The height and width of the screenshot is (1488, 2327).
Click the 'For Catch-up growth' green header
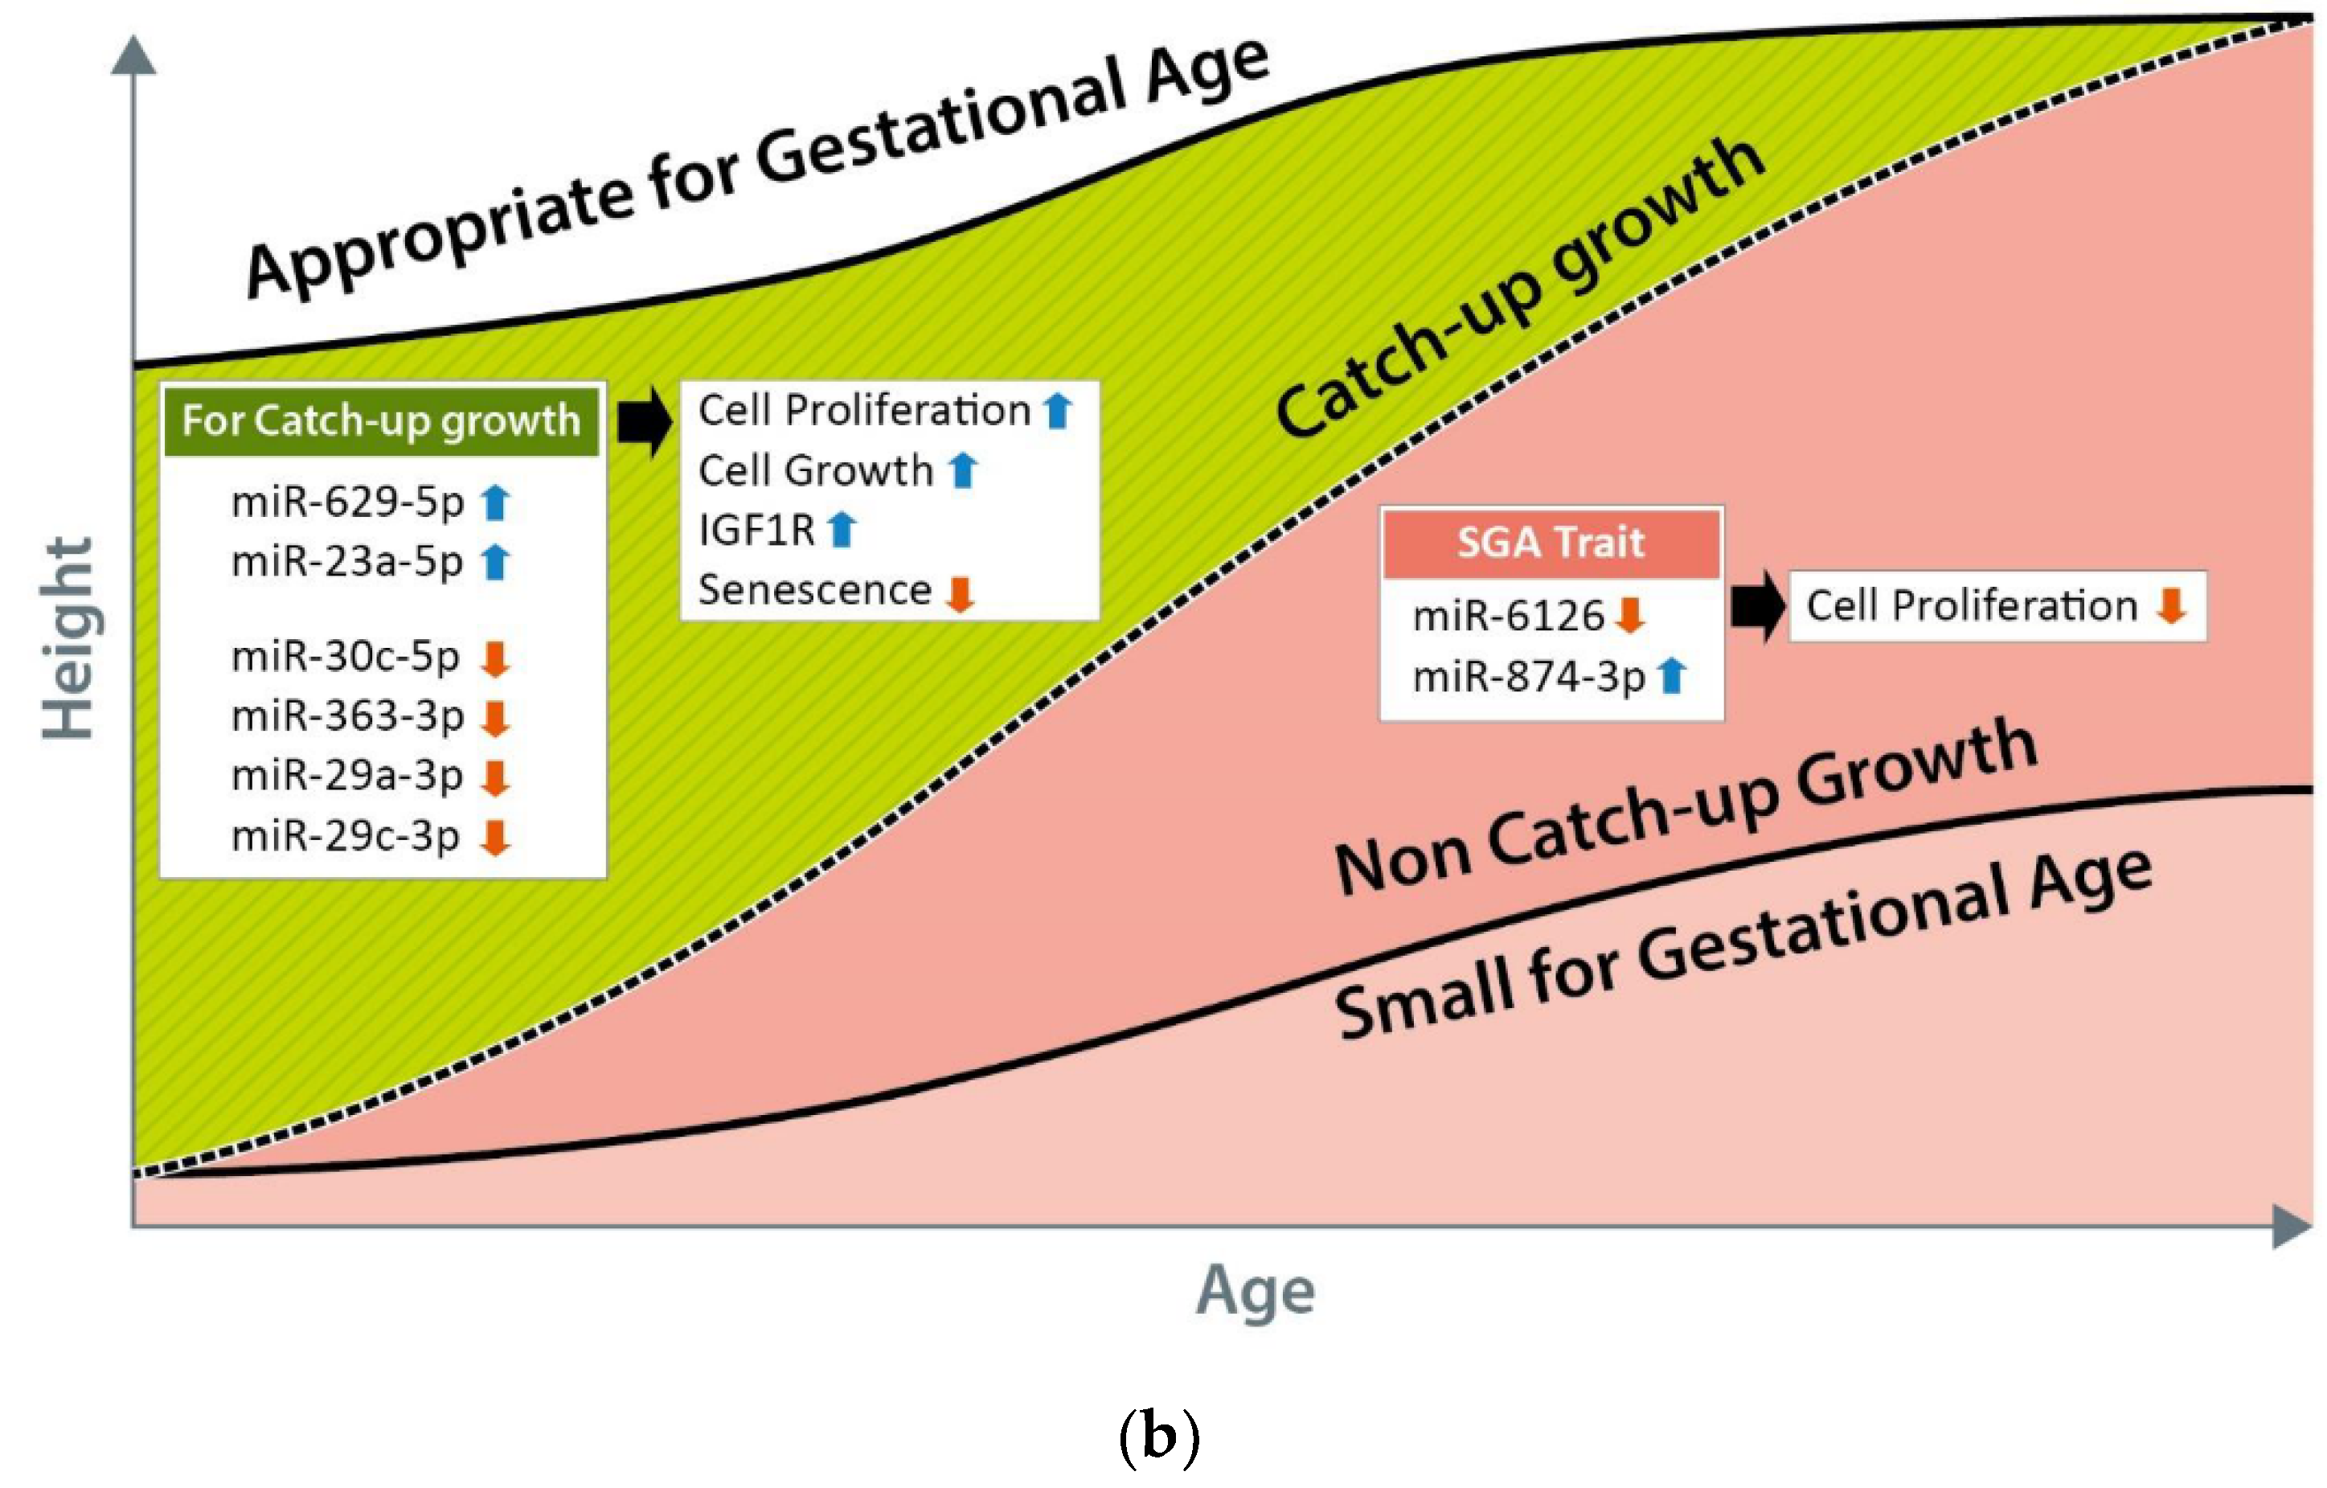point(381,421)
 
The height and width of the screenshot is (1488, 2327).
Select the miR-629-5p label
point(348,502)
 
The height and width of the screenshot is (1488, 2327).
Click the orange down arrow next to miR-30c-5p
point(496,658)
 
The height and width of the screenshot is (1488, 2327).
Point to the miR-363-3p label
point(348,716)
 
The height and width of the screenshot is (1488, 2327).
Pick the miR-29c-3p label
point(345,836)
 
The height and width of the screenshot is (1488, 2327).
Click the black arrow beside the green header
point(645,421)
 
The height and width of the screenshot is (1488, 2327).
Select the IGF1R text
point(756,531)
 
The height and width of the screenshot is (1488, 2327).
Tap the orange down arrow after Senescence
point(960,594)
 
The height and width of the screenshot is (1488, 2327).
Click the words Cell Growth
point(816,470)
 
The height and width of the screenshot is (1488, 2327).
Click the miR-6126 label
point(1507,616)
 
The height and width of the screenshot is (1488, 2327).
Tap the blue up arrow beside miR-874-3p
point(1672,675)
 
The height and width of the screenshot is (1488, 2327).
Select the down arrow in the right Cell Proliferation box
point(2171,606)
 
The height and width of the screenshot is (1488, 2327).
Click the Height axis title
point(68,637)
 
